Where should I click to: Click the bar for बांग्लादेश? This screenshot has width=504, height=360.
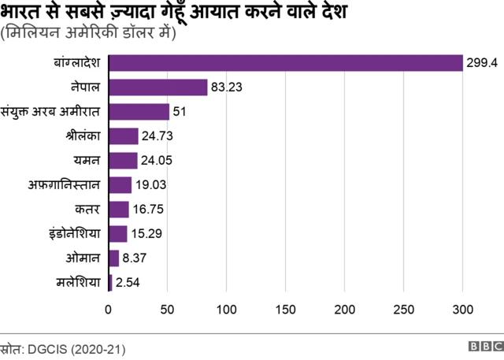pos(285,63)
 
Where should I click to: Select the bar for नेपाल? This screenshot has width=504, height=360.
pos(157,87)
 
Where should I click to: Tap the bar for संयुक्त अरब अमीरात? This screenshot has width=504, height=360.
pos(139,112)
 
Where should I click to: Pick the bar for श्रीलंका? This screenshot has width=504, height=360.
pos(123,136)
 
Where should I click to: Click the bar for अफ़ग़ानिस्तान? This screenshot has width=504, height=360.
pos(120,185)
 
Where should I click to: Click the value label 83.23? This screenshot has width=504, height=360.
pos(228,87)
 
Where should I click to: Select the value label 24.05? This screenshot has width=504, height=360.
pos(157,161)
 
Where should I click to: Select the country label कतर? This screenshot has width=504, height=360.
pos(87,210)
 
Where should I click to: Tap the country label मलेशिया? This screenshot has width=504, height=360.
pos(78,282)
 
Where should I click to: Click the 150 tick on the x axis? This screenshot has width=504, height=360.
pos(286,309)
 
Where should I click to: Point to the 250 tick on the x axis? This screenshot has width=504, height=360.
pos(404,309)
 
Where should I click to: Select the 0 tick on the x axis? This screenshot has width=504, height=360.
pos(109,309)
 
